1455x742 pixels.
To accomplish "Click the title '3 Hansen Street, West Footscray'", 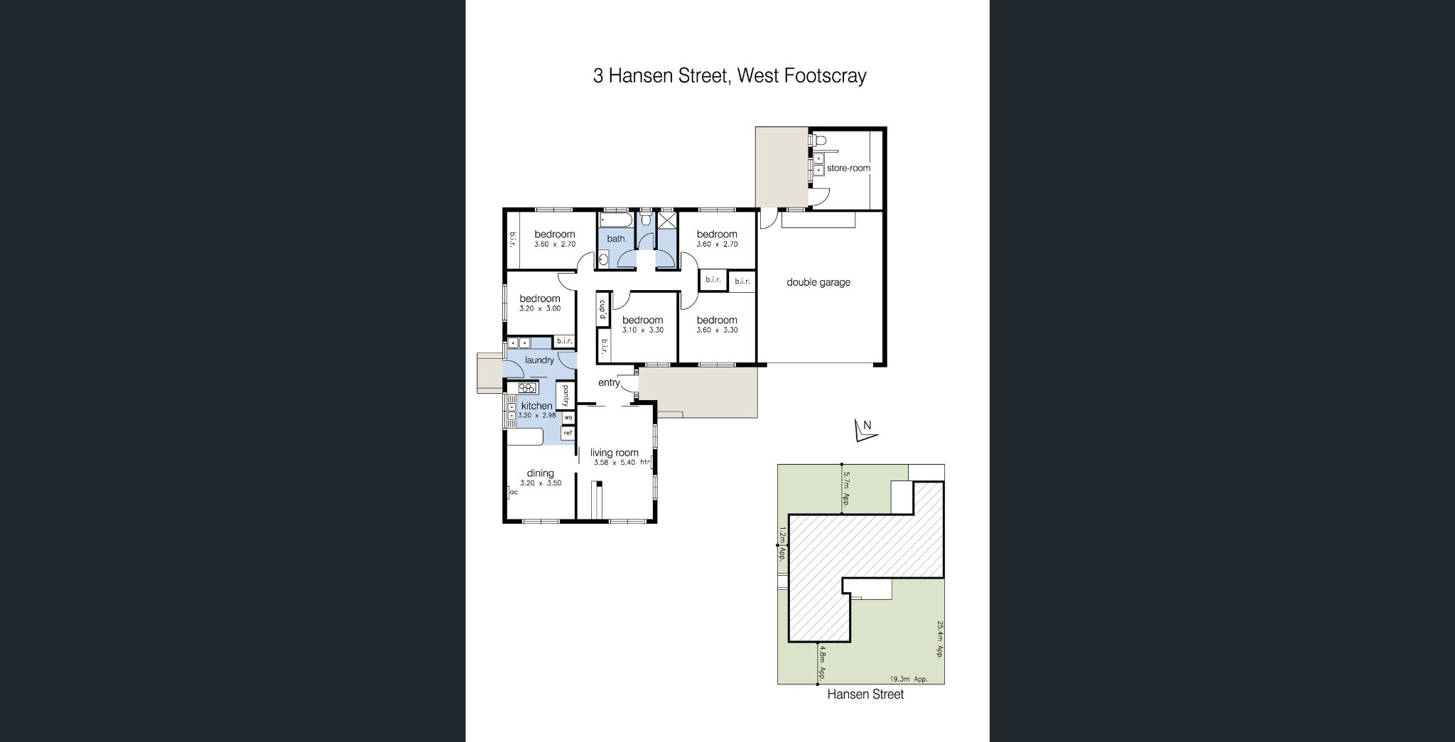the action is pos(730,76).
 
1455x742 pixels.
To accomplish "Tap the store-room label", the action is pos(848,168).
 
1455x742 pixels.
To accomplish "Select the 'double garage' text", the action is pos(818,282).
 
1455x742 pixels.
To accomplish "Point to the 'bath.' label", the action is pos(617,239).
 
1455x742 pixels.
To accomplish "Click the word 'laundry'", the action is pos(539,360).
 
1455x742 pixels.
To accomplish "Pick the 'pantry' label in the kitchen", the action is pos(566,395).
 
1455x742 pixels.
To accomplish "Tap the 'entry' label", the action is pos(609,382).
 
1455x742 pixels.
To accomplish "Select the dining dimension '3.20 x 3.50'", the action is pos(541,483).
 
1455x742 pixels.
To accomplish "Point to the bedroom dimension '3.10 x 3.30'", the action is pos(642,330).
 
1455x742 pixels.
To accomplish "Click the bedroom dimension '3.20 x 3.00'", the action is pos(540,308).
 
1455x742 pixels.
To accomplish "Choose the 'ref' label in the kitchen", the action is pos(568,433).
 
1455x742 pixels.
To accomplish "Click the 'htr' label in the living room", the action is pos(645,463).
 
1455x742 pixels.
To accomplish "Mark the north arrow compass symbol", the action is pos(864,431).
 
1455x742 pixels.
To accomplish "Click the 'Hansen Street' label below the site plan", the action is pos(865,694).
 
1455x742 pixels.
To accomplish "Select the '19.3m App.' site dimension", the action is pos(909,679).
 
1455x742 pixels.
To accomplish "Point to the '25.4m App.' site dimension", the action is pos(939,640).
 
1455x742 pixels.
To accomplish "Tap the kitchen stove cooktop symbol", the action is pos(527,388).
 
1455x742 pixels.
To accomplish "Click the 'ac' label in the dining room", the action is pos(513,492).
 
